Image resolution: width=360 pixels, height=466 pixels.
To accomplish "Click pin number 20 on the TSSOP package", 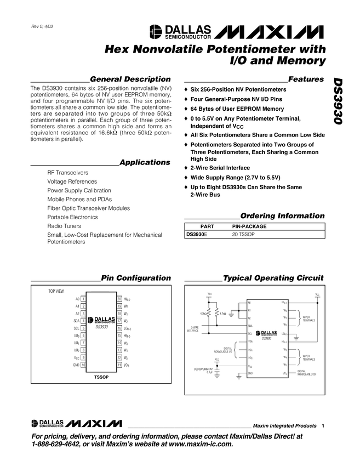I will tap(118, 299).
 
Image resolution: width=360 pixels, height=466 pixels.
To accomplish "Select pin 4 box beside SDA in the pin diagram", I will tap(82, 320).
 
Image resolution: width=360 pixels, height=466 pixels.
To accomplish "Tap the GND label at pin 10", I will tap(76, 365).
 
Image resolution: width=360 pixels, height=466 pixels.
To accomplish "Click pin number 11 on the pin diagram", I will tap(118, 365).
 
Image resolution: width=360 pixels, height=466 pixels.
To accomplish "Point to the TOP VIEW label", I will tap(56, 290).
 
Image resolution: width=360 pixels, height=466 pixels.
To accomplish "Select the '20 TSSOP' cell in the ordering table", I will tap(243, 234).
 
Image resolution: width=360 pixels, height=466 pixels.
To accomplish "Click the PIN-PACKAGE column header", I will tap(249, 226).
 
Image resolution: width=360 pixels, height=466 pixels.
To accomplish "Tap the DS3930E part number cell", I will tap(197, 234).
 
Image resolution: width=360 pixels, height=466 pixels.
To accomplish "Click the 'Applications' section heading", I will tap(145, 162).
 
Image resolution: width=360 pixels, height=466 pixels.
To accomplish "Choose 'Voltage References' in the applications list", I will tap(72, 181).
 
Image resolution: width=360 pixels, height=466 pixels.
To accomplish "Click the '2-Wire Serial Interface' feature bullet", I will tap(220, 168).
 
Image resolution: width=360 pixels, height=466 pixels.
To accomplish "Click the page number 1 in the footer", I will tap(324, 426).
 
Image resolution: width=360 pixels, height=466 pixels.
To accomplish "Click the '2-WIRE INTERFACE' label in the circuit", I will tap(192, 329).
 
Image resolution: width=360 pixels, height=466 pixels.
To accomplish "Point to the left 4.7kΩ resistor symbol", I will tap(209, 314).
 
